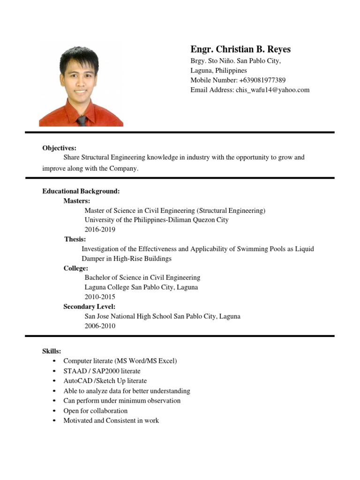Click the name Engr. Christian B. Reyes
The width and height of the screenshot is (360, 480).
tap(240, 50)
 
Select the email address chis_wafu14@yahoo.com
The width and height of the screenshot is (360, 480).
tap(272, 90)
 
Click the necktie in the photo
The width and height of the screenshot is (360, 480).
tap(82, 120)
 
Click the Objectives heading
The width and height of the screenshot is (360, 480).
tap(59, 148)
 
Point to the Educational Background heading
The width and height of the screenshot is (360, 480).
tap(81, 191)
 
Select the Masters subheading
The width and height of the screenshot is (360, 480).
tap(77, 201)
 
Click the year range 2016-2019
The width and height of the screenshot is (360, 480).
tap(100, 230)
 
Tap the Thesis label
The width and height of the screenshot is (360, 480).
tap(75, 240)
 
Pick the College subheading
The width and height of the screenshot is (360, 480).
tap(76, 268)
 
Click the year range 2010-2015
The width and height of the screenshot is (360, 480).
tap(100, 297)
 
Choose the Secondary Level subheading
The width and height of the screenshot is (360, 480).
tap(90, 307)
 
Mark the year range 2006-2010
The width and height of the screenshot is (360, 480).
tap(100, 326)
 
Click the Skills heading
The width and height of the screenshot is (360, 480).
tap(52, 351)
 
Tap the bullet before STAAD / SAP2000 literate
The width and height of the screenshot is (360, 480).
tap(55, 371)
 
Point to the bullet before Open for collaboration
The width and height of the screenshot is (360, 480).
tap(55, 411)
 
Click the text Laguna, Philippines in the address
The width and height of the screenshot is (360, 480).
tap(218, 70)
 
